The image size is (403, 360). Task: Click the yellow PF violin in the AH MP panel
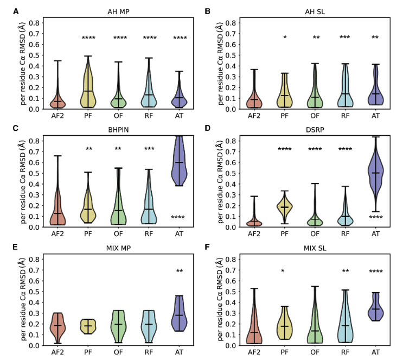click(x=88, y=87)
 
